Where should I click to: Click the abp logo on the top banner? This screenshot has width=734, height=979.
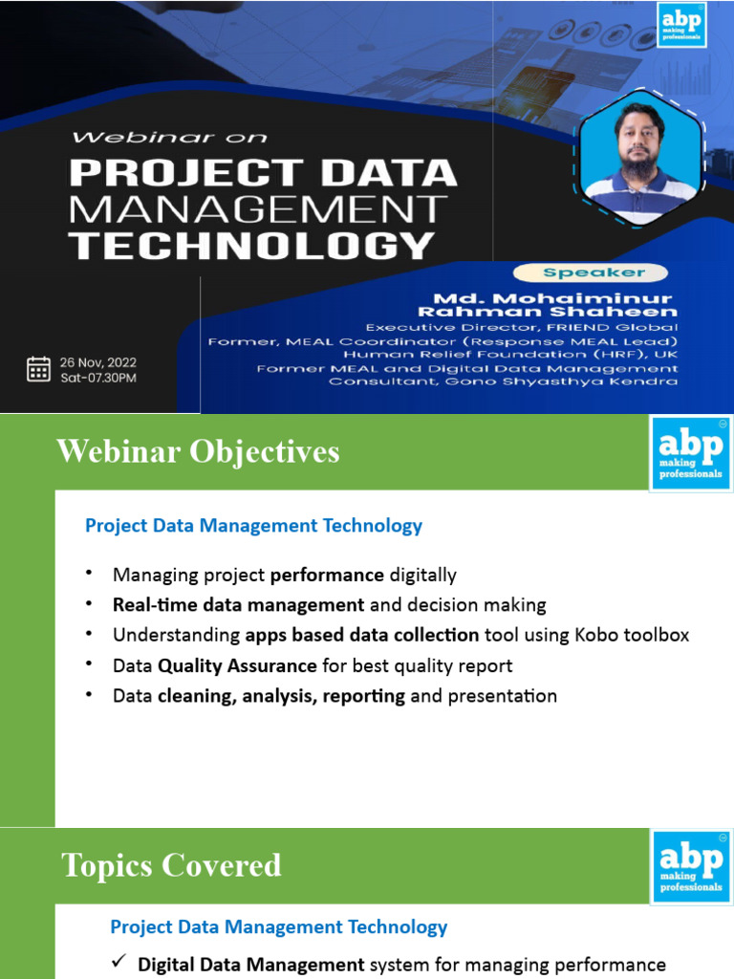(680, 24)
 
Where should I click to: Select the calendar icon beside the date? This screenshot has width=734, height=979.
(38, 369)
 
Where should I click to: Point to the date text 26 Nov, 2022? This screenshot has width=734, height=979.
(97, 361)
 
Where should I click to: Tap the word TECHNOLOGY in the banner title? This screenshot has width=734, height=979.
(252, 246)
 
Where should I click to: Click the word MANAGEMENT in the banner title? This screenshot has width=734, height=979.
(258, 209)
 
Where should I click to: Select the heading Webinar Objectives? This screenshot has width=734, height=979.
(198, 450)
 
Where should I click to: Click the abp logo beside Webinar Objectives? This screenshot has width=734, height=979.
(690, 452)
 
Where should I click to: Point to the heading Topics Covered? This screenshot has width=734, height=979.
(172, 865)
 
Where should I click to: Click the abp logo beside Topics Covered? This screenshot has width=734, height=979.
(690, 865)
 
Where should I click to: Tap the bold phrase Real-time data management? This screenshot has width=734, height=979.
(238, 604)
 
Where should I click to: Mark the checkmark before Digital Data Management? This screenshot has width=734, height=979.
(120, 964)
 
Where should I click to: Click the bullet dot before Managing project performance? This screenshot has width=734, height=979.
(89, 574)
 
